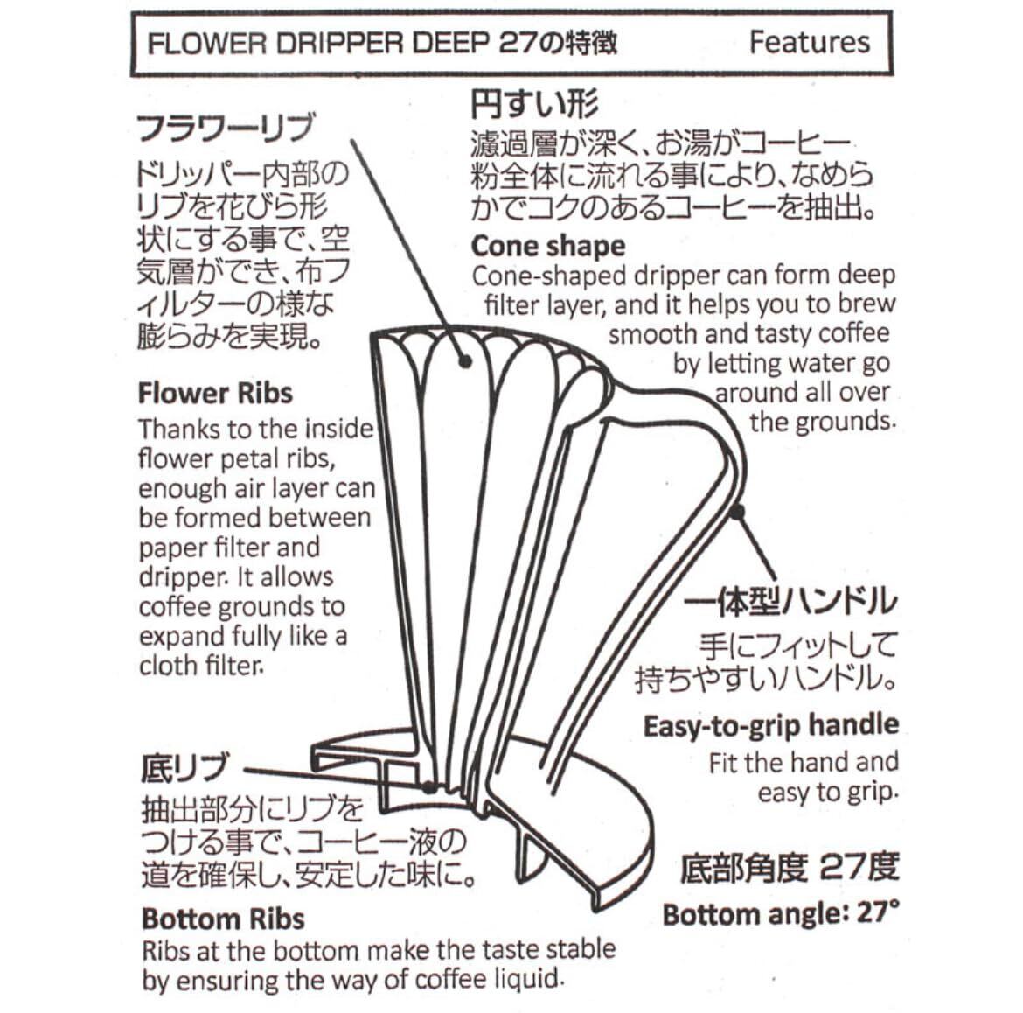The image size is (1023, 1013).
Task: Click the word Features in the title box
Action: pos(809,42)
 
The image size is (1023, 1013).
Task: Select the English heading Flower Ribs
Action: pos(215,393)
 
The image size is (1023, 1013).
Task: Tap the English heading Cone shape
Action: pos(548,246)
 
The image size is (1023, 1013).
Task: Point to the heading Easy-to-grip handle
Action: pos(770,725)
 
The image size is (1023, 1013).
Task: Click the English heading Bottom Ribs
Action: pos(223,919)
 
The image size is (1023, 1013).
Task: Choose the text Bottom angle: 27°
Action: pos(780,914)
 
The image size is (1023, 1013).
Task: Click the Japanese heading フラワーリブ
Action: pos(225,129)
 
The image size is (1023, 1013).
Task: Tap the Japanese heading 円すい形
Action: pos(534,105)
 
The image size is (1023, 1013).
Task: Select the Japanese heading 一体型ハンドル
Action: pos(790,602)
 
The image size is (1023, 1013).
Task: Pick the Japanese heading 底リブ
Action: pos(184,769)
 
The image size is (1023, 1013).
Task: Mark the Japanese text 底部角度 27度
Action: pos(789,868)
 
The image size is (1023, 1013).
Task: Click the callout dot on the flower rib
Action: pos(465,360)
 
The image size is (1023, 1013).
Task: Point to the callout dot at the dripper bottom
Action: pos(429,786)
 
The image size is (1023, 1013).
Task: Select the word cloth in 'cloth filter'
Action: pos(169,666)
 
